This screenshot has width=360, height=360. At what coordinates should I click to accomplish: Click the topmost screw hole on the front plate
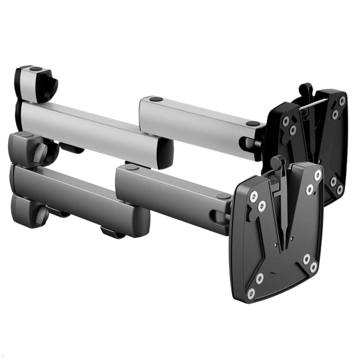318,174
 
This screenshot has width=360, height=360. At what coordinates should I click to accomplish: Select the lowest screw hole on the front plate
251,292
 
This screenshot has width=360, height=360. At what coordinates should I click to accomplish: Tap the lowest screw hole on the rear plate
340,190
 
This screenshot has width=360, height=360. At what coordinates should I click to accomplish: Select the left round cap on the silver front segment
155,99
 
